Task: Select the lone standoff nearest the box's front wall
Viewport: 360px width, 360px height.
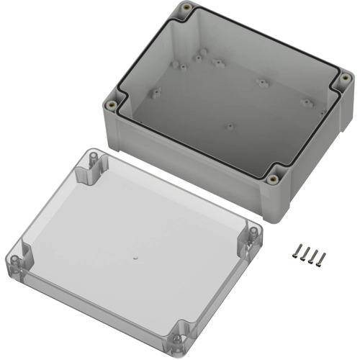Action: click(x=230, y=127)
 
